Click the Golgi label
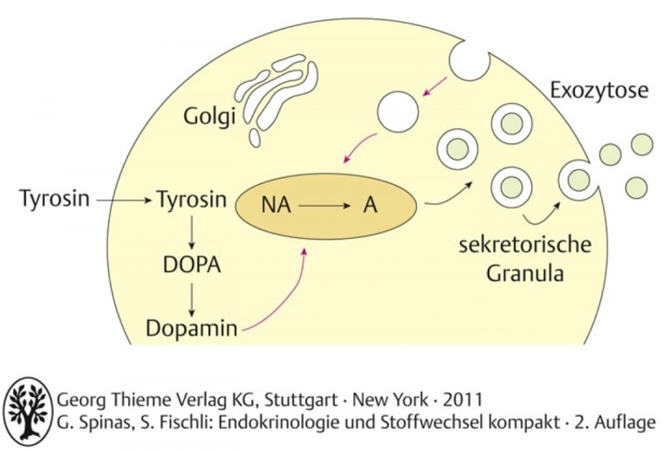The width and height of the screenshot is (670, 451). [x=209, y=117]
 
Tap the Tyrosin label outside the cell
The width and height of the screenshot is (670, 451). [x=55, y=199]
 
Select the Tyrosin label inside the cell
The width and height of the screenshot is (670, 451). [x=192, y=199]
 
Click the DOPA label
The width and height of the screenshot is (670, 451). [x=192, y=265]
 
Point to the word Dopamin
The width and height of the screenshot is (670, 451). [x=191, y=328]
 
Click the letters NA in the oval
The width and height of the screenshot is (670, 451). [x=276, y=205]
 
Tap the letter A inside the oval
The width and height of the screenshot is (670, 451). [x=370, y=205]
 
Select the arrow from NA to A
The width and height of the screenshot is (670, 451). [x=325, y=206]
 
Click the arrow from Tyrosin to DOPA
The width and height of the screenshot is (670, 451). [x=191, y=233]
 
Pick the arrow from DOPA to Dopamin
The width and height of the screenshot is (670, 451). [x=191, y=299]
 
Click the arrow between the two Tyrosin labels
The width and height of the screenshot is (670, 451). [x=124, y=200]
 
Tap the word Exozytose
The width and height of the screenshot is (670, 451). [x=598, y=90]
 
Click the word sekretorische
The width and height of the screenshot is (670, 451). [x=525, y=245]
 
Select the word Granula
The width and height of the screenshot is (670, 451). [x=524, y=273]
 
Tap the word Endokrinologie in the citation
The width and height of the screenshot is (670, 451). [x=280, y=422]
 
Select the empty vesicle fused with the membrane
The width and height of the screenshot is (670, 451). [x=469, y=61]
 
